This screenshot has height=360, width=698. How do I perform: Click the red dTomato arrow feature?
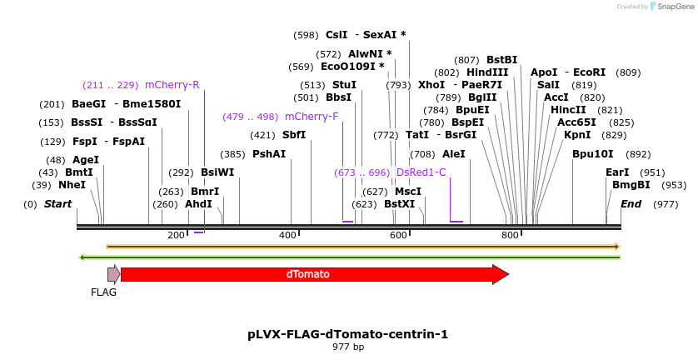click(314, 274)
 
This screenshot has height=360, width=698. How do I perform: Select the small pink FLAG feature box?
click(113, 273)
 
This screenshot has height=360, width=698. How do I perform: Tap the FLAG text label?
click(103, 292)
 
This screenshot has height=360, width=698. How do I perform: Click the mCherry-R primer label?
click(172, 85)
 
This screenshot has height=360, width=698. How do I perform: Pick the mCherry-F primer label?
click(312, 117)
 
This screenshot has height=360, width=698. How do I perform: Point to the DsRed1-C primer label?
click(421, 172)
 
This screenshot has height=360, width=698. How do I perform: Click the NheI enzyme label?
click(72, 185)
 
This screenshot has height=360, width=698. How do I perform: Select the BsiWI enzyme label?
click(217, 172)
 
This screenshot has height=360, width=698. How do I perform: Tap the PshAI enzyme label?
click(269, 154)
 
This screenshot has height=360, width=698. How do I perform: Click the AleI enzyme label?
click(454, 154)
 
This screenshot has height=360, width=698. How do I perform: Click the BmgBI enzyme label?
click(631, 185)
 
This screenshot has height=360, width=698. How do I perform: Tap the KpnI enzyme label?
click(577, 135)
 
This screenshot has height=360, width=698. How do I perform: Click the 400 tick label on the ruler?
click(287, 236)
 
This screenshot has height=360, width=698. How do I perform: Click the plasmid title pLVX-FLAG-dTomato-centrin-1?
click(347, 334)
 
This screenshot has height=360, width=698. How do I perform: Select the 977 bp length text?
click(348, 347)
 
